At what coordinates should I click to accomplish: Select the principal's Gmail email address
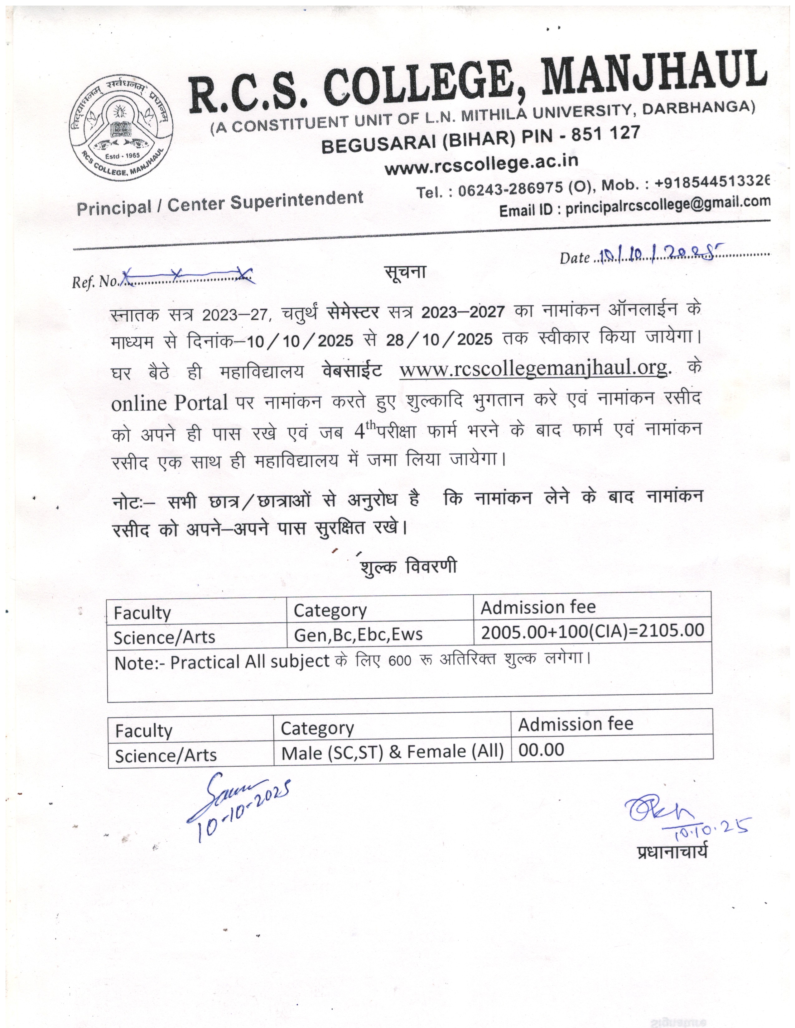pyautogui.click(x=668, y=204)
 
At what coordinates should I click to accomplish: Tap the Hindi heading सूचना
pyautogui.click(x=405, y=272)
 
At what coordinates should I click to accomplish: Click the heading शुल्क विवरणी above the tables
pyautogui.click(x=408, y=567)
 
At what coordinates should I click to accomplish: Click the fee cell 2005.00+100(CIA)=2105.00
pyautogui.click(x=592, y=630)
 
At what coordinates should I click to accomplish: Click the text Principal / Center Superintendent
pyautogui.click(x=220, y=203)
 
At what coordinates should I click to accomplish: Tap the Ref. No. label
pyautogui.click(x=96, y=282)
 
